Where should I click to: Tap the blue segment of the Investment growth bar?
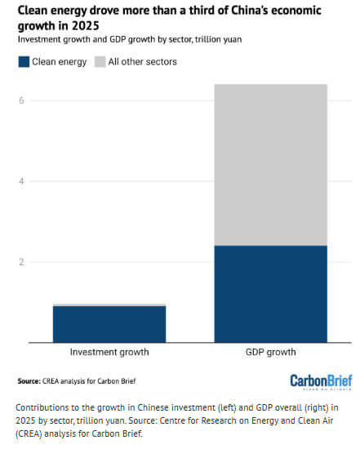point(109,324)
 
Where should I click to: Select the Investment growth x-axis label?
point(109,353)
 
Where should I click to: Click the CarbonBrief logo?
point(322,381)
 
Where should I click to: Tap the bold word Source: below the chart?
point(30,381)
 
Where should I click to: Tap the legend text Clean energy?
point(59,61)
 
